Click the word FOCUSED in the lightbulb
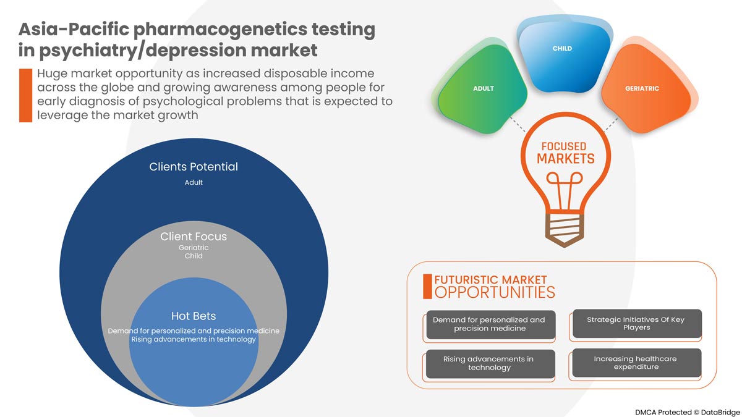(x=563, y=147)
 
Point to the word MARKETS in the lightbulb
(x=565, y=159)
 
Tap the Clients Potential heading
(x=194, y=167)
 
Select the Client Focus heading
(x=194, y=237)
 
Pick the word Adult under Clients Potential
(x=194, y=183)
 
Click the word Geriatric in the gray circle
(x=194, y=248)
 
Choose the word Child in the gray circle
(x=194, y=256)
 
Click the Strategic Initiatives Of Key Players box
(x=636, y=324)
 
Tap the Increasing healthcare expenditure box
(x=636, y=363)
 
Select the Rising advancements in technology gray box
(x=489, y=363)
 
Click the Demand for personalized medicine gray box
(x=489, y=324)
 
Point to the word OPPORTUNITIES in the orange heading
(x=495, y=292)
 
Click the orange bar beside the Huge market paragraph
(x=25, y=95)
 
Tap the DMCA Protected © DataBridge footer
(x=686, y=410)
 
